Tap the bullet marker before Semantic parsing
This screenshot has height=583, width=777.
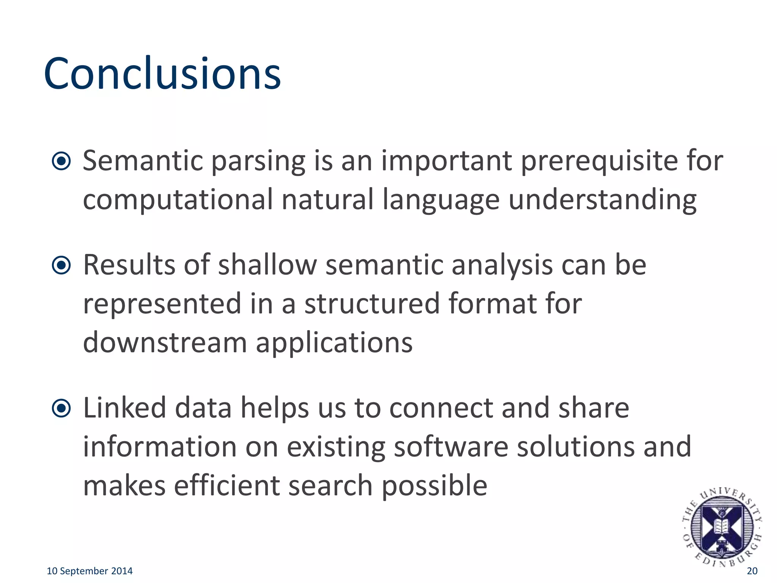coord(61,161)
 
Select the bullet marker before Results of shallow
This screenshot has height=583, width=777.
coord(61,265)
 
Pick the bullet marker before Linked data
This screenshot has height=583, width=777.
coord(61,408)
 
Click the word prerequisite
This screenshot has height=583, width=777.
coord(599,161)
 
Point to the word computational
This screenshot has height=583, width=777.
coord(178,200)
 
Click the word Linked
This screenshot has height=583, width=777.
coord(124,408)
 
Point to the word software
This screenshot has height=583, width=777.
coord(451,447)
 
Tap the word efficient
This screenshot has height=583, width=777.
coord(226,485)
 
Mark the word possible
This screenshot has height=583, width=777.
coord(434,486)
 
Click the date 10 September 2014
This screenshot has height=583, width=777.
coord(90,571)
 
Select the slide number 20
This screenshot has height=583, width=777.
coord(752,571)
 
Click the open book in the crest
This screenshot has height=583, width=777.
coord(721,526)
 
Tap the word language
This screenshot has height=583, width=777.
coord(441,200)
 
